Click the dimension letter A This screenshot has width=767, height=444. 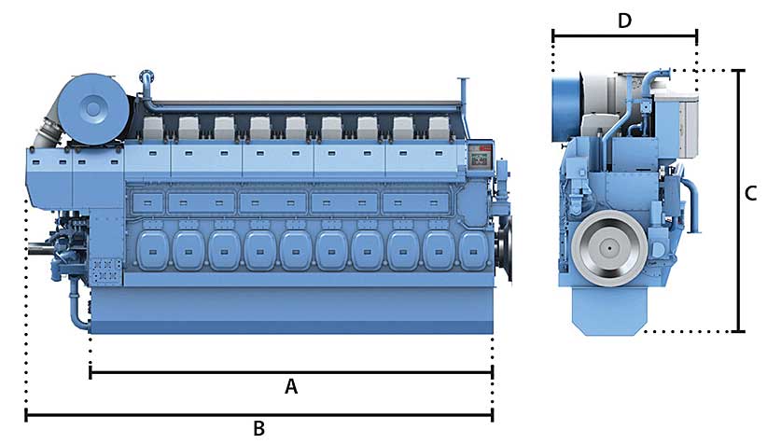tap(291, 386)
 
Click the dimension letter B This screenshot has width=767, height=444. tap(259, 428)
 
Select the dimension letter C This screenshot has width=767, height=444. tap(751, 194)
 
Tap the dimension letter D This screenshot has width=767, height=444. tap(624, 21)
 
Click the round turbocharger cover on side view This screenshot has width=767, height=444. tap(93, 109)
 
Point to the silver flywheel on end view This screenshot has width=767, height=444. tap(609, 248)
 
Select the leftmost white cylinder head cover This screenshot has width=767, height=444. tap(153, 128)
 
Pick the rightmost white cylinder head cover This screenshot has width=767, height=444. tap(439, 128)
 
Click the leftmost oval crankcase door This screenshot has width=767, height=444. tap(152, 251)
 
